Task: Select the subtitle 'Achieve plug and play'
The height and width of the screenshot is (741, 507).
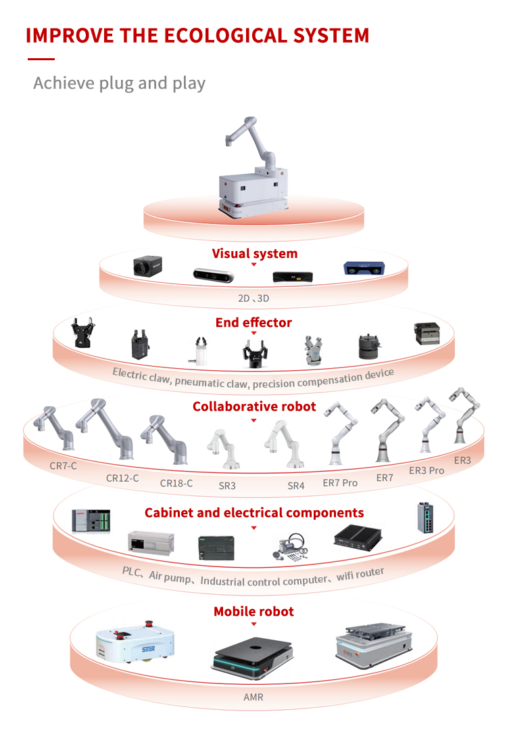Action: pos(119,83)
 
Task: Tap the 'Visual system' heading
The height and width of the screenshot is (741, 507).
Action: pos(254,254)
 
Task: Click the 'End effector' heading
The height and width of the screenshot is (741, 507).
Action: pos(254,322)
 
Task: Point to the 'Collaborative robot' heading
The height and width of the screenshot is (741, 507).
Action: pos(254,406)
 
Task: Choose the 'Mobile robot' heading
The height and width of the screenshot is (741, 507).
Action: pos(254,611)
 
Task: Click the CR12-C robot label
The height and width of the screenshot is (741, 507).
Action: pos(122,478)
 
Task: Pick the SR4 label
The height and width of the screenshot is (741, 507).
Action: pos(296,486)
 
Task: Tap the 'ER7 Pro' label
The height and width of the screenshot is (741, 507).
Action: pos(340,482)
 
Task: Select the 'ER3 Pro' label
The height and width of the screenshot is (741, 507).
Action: pos(427,470)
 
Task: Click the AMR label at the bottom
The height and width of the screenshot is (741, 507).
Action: pos(254,696)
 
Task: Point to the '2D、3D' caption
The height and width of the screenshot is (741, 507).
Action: pos(254,297)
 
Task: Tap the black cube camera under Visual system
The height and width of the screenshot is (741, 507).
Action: pos(145,267)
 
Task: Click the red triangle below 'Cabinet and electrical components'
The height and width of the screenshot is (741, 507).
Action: pos(254,527)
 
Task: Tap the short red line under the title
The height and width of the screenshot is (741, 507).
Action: pos(41,60)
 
